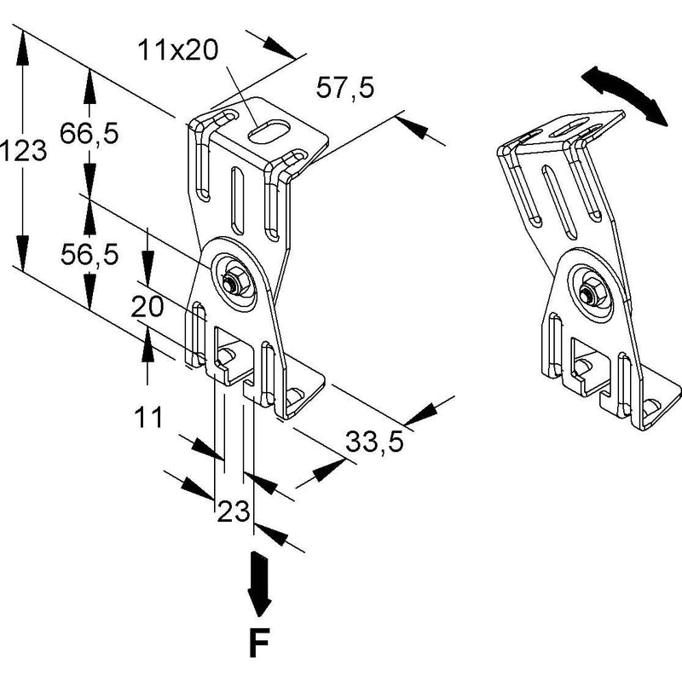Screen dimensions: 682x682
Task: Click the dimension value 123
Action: click(23, 151)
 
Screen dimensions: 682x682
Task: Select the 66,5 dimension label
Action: click(90, 133)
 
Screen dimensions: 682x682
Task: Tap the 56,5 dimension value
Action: click(90, 254)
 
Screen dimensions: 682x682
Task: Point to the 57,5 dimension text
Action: click(345, 88)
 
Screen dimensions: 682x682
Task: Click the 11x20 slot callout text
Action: click(178, 49)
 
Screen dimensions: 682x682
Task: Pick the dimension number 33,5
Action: click(374, 442)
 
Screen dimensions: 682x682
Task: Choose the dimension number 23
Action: click(233, 511)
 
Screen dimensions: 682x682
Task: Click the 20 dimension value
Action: click(147, 307)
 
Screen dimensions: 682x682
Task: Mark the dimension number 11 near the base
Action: click(148, 417)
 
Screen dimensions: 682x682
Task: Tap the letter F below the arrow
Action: click(259, 642)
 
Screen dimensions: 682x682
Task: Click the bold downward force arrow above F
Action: click(259, 584)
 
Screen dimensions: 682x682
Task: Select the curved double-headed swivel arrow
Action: click(624, 95)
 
